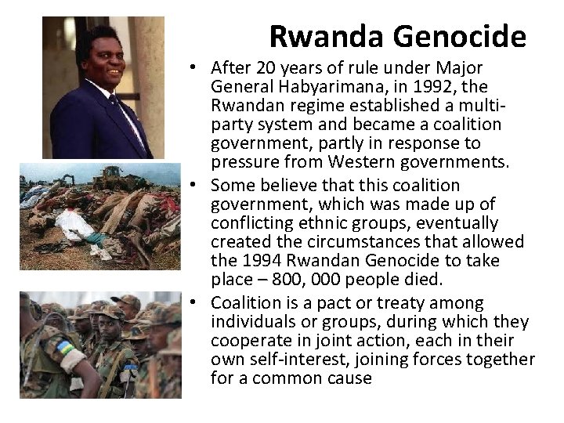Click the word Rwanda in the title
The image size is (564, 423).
pos(320,37)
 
